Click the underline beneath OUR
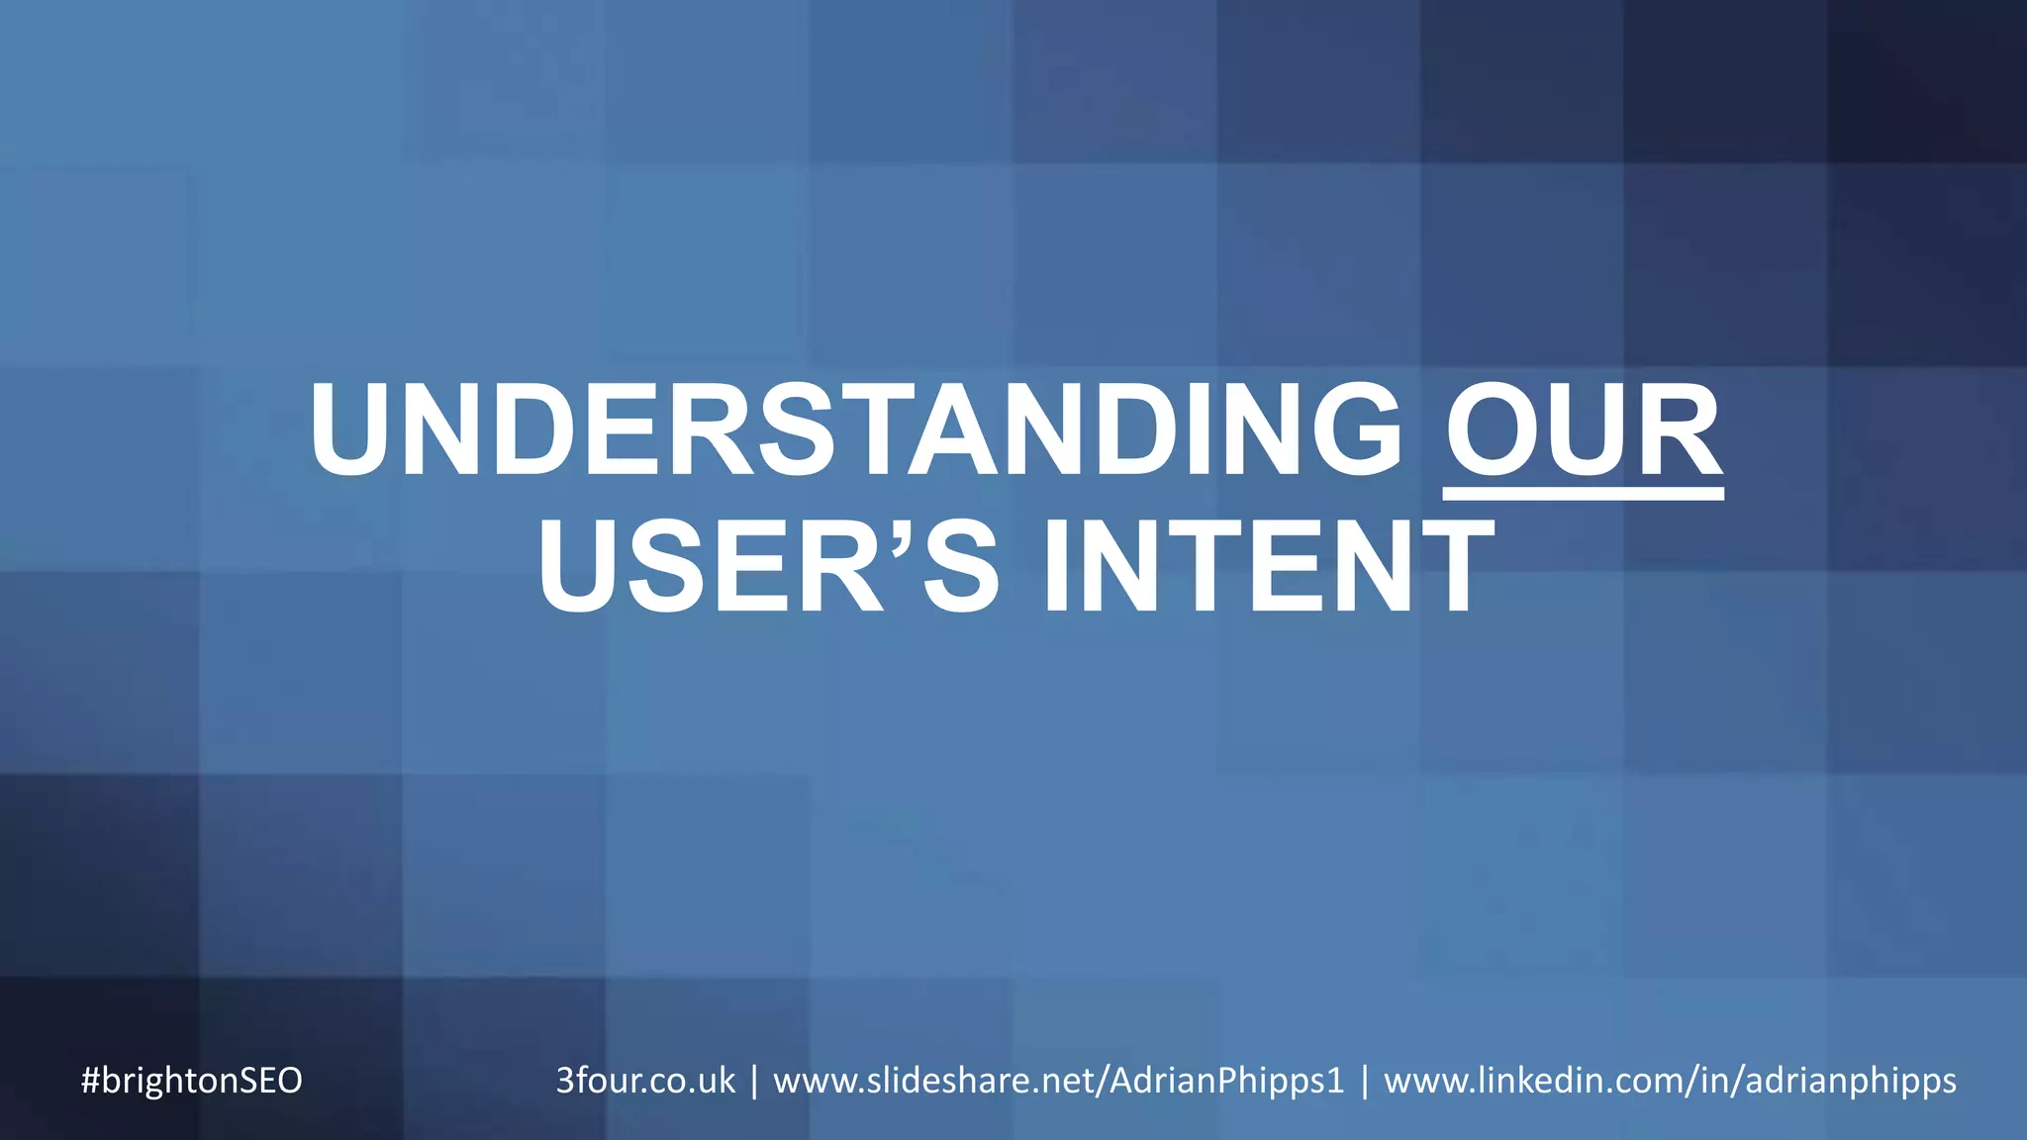pos(1584,493)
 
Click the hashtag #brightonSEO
pos(191,1080)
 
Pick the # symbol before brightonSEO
pos(90,1080)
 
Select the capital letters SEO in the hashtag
pos(269,1080)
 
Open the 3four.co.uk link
pos(645,1080)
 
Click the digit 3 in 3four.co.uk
pos(565,1080)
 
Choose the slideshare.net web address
pos(1058,1080)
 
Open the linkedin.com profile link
pos(1670,1080)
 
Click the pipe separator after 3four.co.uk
pos(754,1080)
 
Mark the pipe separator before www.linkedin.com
pos(1365,1080)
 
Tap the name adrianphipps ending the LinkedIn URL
pos(1851,1080)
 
